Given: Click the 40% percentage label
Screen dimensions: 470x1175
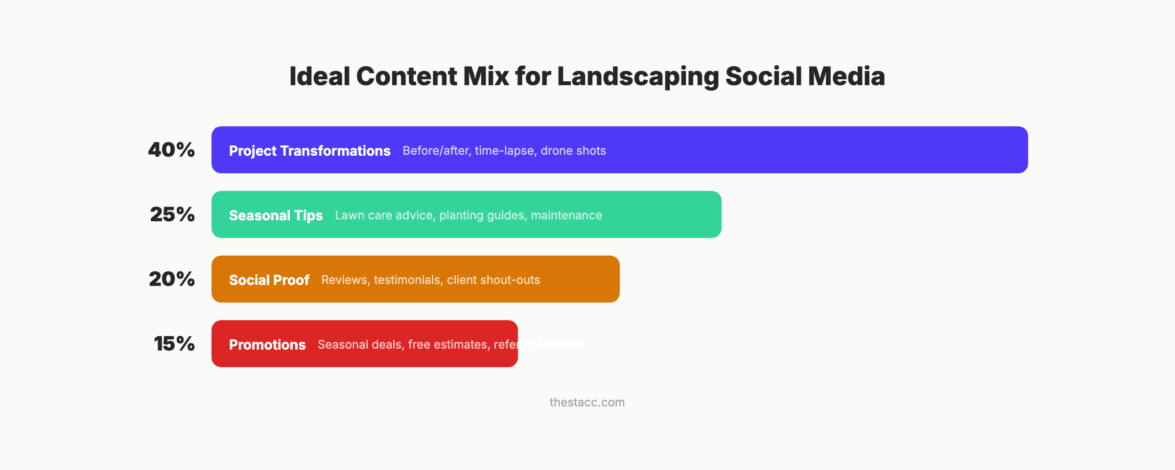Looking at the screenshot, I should pyautogui.click(x=171, y=150).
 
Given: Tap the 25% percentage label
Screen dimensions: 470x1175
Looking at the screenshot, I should pyautogui.click(x=172, y=214).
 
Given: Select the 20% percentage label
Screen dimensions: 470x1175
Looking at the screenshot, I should pyautogui.click(x=172, y=279).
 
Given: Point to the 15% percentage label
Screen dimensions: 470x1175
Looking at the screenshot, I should pyautogui.click(x=174, y=344).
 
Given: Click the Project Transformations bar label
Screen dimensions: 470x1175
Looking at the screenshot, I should pyautogui.click(x=309, y=151).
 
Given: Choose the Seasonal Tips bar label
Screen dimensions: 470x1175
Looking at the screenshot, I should pyautogui.click(x=276, y=215).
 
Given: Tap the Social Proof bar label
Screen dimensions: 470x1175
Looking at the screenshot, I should pyautogui.click(x=269, y=280).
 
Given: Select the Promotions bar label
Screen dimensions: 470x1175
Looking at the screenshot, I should pyautogui.click(x=267, y=345).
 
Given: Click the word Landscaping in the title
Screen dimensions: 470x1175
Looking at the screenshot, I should pyautogui.click(x=638, y=77).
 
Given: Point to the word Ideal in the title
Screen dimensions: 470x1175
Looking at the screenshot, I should pyautogui.click(x=320, y=77).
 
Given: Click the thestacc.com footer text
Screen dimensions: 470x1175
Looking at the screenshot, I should pyautogui.click(x=587, y=402).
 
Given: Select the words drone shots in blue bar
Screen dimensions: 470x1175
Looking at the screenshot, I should pyautogui.click(x=573, y=151).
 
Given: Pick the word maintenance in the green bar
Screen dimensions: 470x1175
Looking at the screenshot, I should pyautogui.click(x=566, y=215).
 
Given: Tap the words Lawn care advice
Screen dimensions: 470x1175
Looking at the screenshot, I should pyautogui.click(x=385, y=215).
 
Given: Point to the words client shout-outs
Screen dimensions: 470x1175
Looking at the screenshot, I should pyautogui.click(x=493, y=280).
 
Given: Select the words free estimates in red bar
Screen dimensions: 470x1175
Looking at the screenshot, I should pyautogui.click(x=447, y=345).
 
